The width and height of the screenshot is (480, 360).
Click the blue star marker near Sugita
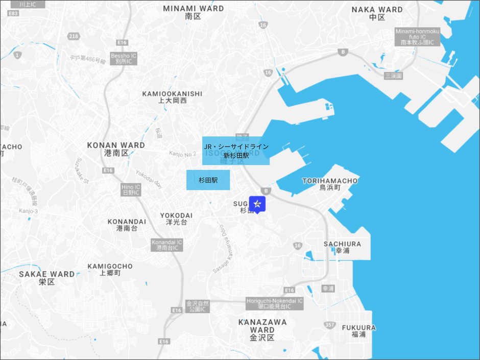257,204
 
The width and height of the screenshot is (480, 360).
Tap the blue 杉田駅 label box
208,180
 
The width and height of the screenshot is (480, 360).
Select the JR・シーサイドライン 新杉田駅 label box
236,151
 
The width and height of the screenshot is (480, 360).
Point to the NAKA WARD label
377,13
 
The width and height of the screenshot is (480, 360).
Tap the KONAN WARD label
116,149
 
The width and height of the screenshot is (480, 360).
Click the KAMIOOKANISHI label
173,97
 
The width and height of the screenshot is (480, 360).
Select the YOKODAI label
176,219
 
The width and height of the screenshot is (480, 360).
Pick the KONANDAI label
127,225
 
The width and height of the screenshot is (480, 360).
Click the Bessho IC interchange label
124,58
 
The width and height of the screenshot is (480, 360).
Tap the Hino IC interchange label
131,189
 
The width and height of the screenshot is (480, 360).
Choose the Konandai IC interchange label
167,245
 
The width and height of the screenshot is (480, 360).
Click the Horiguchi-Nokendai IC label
274,303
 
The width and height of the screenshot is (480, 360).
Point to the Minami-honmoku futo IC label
417,37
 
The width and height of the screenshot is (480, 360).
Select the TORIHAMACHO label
330,184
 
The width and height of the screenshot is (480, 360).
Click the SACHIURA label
342,247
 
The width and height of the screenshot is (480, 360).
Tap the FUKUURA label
358,331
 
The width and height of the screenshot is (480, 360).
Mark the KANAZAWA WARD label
262,329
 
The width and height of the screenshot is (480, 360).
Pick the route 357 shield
329,325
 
